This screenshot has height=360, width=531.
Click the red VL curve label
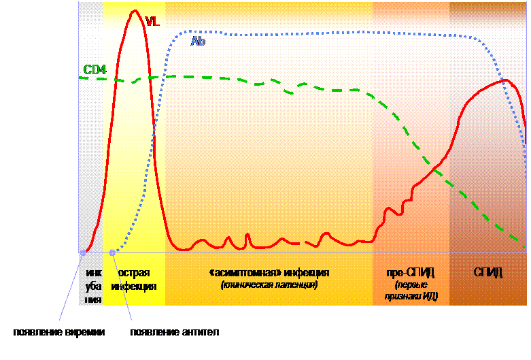[x=152, y=21]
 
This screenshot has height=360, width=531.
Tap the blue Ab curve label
[x=198, y=41]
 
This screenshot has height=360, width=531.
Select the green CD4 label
[x=95, y=69]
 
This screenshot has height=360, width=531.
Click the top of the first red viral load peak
[x=135, y=11]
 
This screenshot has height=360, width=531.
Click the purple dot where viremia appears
[x=83, y=252]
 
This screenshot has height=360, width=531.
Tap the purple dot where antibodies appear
[x=112, y=252]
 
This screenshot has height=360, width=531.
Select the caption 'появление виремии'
[x=59, y=332]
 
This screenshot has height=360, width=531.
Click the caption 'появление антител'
[x=175, y=332]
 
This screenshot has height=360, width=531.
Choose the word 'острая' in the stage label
[x=134, y=273]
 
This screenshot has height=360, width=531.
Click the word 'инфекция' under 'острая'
[x=134, y=287]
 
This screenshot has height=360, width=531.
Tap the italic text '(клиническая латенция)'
[x=269, y=284]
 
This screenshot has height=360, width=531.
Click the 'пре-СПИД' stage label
[x=410, y=272]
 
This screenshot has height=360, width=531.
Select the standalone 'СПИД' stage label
[x=487, y=272]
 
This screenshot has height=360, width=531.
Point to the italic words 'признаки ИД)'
[x=411, y=296]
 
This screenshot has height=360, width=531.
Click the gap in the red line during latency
[x=303, y=243]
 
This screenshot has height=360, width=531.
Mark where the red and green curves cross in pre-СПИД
[x=435, y=169]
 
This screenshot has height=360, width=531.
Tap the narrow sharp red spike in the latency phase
[x=247, y=234]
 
